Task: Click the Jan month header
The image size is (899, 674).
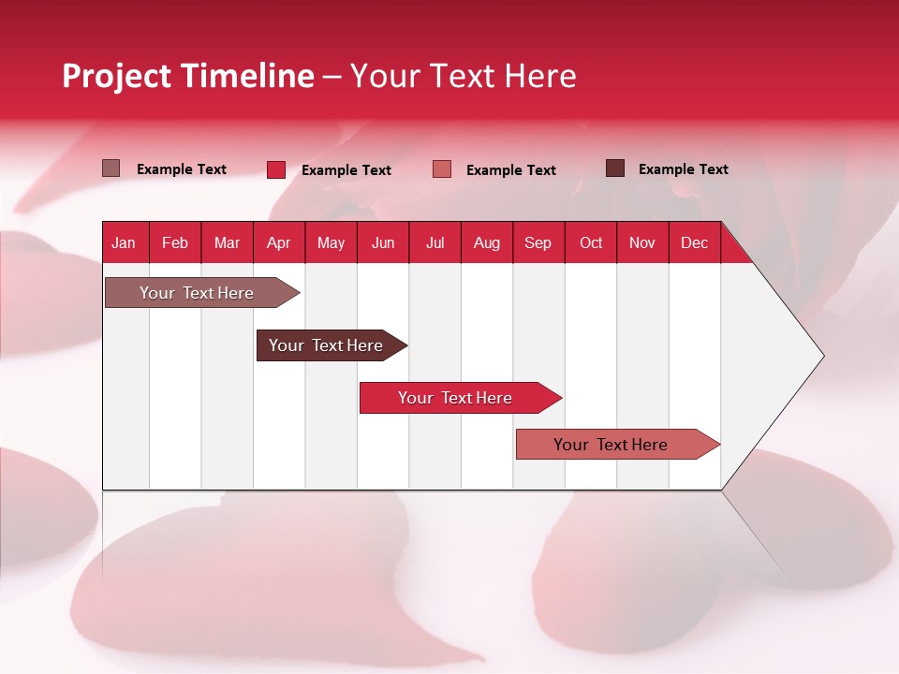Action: pyautogui.click(x=124, y=243)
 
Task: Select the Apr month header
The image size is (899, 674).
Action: pyautogui.click(x=278, y=243)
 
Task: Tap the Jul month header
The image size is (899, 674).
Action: pyautogui.click(x=435, y=243)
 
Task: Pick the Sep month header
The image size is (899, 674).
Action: pyautogui.click(x=538, y=243)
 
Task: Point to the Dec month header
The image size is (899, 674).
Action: pyautogui.click(x=694, y=243)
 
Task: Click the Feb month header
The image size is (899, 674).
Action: pyautogui.click(x=175, y=243)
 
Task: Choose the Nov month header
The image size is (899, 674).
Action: pyautogui.click(x=641, y=243)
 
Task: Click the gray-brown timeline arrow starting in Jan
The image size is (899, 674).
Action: pyautogui.click(x=198, y=293)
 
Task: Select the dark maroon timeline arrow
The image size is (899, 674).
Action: pyautogui.click(x=326, y=345)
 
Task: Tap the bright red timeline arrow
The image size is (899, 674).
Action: pyautogui.click(x=455, y=398)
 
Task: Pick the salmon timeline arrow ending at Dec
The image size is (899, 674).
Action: pyautogui.click(x=611, y=445)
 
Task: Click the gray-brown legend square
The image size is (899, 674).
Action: pyautogui.click(x=111, y=168)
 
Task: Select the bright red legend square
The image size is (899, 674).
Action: pyautogui.click(x=276, y=169)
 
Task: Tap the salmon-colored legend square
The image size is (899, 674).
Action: pyautogui.click(x=442, y=169)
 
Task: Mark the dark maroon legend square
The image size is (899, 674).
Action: pyautogui.click(x=615, y=168)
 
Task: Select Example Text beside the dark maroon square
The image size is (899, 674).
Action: pyautogui.click(x=683, y=169)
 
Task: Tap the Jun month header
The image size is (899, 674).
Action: pyautogui.click(x=383, y=243)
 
